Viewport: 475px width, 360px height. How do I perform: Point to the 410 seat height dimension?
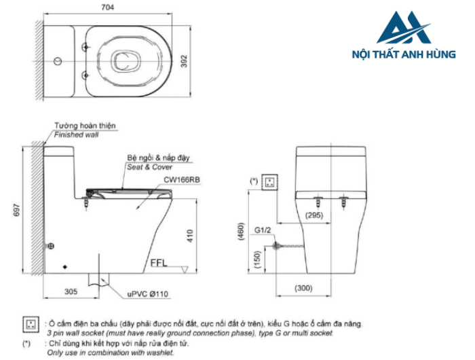[x=191, y=235]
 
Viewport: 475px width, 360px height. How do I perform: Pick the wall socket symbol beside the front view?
[x=270, y=181]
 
